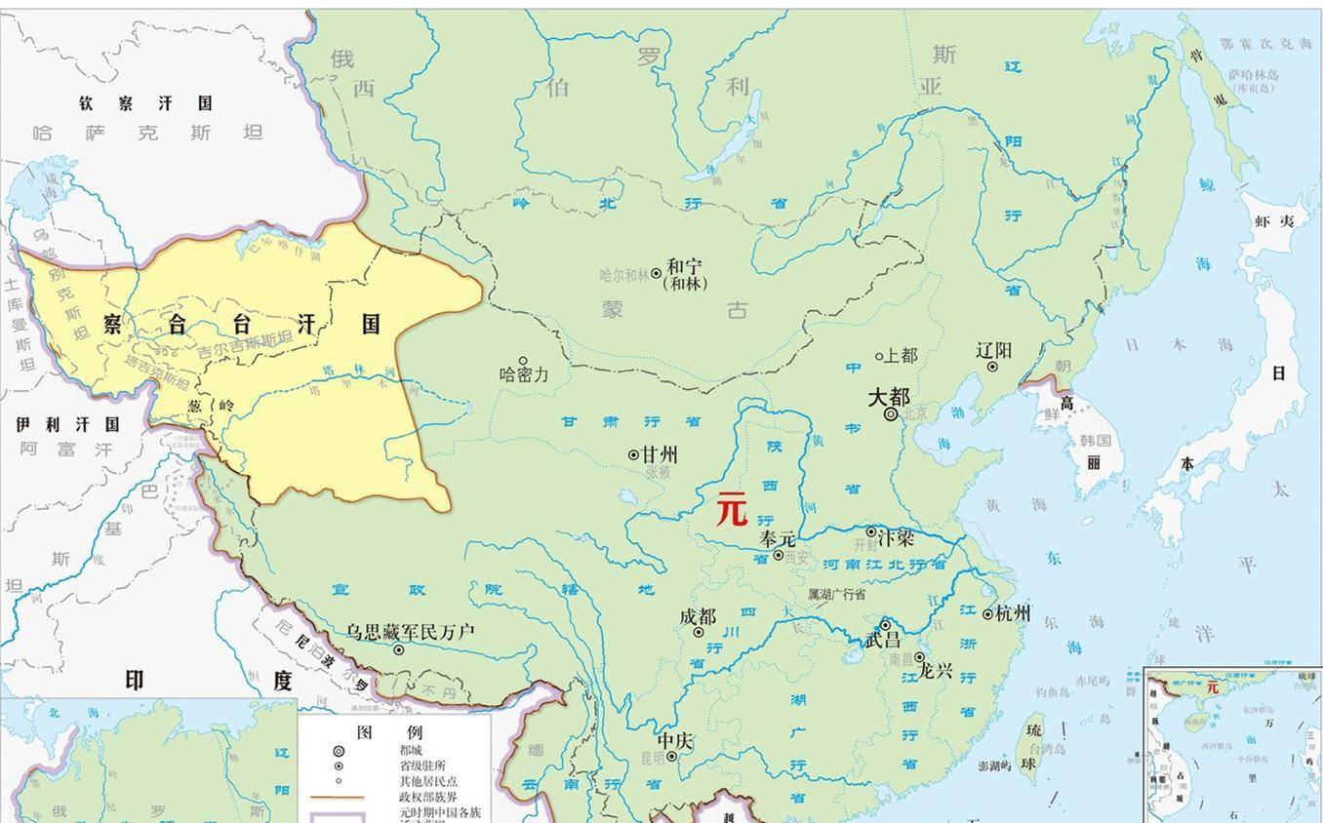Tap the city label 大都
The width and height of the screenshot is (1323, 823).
(x=888, y=397)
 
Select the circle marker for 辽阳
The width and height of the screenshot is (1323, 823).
(x=992, y=367)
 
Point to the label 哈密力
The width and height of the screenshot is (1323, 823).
(x=524, y=374)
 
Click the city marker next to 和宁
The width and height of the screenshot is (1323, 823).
(x=657, y=274)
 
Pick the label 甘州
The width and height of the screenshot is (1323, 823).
(x=660, y=454)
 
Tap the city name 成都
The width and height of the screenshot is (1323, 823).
(x=698, y=616)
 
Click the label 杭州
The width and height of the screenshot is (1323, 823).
(x=1013, y=612)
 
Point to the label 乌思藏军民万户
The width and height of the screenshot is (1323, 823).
(x=410, y=632)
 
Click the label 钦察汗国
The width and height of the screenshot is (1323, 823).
(x=146, y=102)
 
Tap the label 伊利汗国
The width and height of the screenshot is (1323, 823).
(x=67, y=424)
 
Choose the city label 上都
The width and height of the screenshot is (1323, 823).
(x=900, y=356)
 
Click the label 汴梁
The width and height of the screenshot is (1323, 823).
(x=896, y=537)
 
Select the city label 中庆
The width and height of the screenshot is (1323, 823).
(x=674, y=740)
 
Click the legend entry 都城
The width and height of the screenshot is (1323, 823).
(x=411, y=751)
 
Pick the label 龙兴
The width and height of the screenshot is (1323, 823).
(x=935, y=673)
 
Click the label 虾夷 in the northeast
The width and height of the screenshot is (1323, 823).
(x=1274, y=221)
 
